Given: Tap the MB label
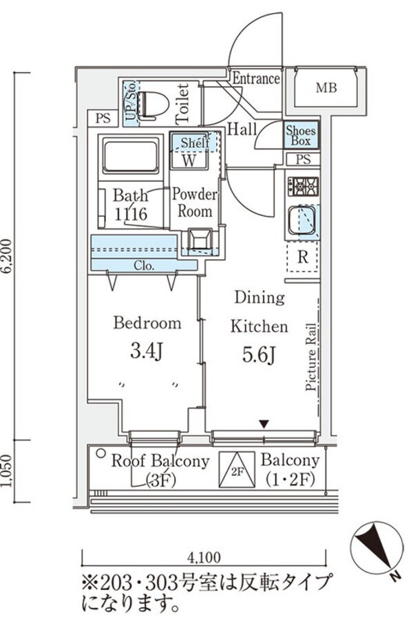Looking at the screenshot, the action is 326,87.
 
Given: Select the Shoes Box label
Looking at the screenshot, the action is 301,135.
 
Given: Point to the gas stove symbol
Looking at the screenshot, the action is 303,186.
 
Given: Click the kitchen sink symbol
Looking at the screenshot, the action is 303,220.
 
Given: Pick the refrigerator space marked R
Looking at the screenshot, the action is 302,257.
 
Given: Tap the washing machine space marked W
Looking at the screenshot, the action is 189,160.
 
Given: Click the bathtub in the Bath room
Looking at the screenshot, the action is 130,155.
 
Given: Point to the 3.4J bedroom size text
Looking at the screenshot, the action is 147,351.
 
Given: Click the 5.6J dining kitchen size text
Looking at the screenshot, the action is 259,354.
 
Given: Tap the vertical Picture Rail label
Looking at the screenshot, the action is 311,357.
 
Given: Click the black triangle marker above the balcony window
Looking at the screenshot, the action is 264,424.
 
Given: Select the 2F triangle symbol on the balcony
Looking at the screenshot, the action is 237,470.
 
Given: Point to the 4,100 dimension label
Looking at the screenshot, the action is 204,558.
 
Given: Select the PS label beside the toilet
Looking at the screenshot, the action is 103,118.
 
